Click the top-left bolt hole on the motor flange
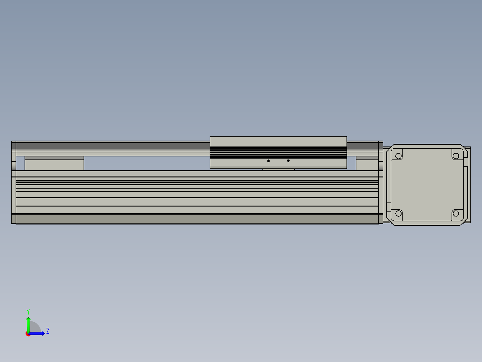398,156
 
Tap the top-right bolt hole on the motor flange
456,156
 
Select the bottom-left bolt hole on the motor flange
398,213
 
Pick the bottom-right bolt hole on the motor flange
456,213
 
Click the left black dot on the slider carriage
268,160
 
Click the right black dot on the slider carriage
288,160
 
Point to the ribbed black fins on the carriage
278,153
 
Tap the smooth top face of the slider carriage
278,142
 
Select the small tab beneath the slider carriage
278,169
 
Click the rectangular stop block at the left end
54,164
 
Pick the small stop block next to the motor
367,164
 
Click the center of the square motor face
427,185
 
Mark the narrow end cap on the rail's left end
13,182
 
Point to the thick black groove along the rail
197,182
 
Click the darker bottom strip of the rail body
197,219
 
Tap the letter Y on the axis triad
28,311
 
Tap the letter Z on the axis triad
48,331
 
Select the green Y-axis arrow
28,323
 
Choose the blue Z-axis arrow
38,333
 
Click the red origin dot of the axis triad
28,334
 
